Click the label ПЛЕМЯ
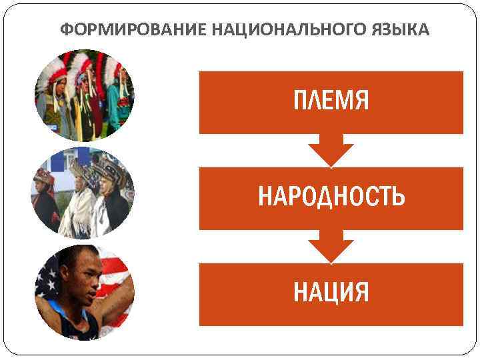(x=331, y=101)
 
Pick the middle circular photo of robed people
(x=84, y=193)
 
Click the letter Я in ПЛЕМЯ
(x=360, y=101)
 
